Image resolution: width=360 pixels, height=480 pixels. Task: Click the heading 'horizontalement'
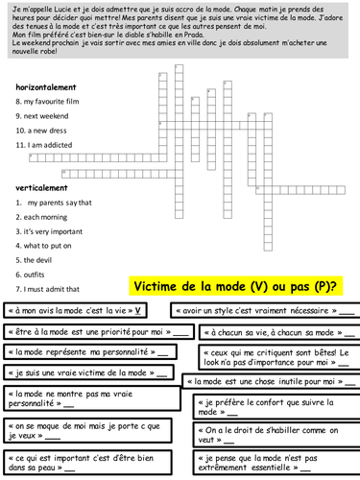[x=45, y=86]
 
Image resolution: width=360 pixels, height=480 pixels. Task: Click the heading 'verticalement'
[x=40, y=188]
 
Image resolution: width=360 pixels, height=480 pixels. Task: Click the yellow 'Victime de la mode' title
[x=235, y=286]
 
